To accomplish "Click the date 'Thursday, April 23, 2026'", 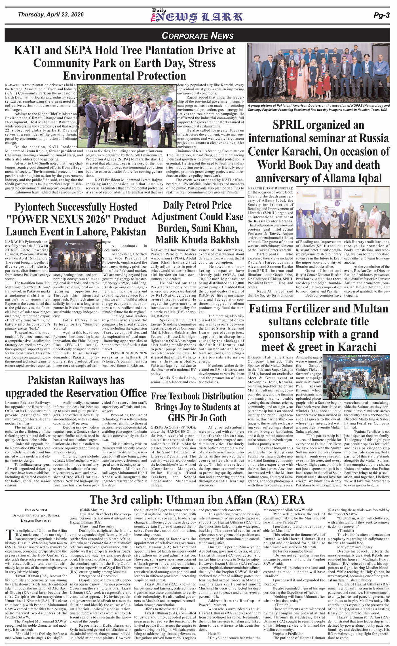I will [51, 14].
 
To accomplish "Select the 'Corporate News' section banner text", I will [198, 36].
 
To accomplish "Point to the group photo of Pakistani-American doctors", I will [318, 73].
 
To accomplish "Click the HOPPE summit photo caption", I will [318, 107].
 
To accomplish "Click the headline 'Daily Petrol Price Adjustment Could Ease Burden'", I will [197, 222].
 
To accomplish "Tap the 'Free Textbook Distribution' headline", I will [197, 407].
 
